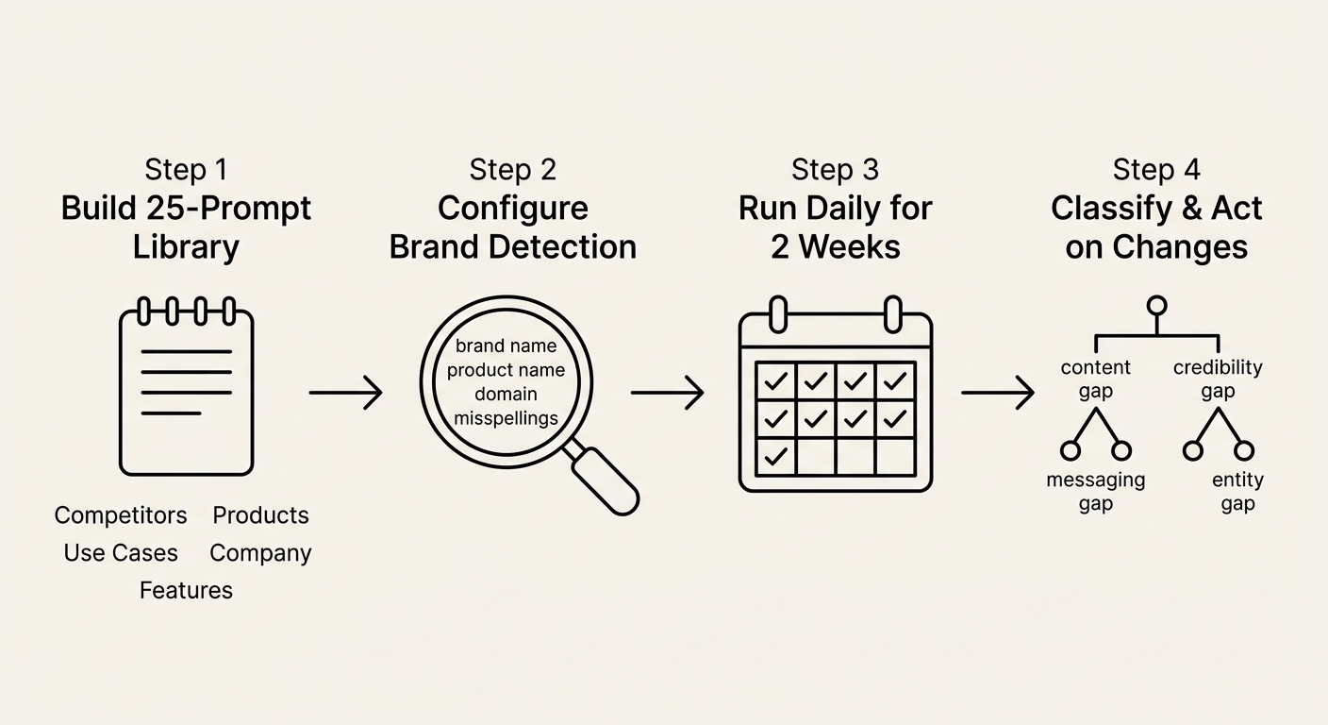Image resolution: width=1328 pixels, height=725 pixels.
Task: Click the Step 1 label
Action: (186, 170)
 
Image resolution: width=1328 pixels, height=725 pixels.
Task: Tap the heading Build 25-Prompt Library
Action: (186, 228)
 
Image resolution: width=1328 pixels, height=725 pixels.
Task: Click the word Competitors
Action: (121, 515)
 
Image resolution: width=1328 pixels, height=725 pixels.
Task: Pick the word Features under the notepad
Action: (186, 591)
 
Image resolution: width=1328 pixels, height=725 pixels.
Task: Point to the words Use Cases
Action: (121, 553)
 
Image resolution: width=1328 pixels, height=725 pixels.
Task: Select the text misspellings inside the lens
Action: (506, 417)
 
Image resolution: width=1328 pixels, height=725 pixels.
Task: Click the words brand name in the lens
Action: (506, 346)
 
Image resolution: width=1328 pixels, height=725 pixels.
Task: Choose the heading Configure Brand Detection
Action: (512, 228)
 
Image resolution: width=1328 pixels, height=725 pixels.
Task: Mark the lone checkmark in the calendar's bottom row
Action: (776, 457)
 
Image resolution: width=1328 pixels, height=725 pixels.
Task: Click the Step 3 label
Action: (835, 170)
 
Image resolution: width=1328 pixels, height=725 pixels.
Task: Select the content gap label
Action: (1095, 379)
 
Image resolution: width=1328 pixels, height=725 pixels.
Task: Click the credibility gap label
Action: (1218, 379)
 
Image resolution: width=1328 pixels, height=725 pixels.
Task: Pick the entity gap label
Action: (1237, 492)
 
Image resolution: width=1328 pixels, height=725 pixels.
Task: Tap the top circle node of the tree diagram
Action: (1156, 306)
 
